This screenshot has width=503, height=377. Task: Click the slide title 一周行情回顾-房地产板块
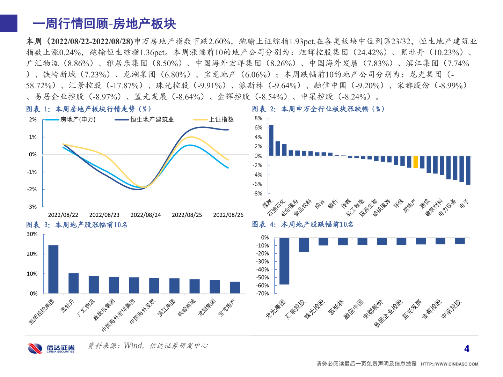104,24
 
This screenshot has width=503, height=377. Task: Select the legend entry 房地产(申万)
78,120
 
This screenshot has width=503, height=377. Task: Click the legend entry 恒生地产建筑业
152,120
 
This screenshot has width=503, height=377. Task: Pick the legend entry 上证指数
221,120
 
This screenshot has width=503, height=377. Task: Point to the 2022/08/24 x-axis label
146,215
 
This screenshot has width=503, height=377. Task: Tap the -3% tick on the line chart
32,207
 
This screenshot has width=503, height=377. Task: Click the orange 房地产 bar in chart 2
416,162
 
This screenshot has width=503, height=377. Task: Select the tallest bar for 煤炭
271,140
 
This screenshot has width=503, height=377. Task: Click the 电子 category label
464,204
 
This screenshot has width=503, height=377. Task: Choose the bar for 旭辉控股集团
53,269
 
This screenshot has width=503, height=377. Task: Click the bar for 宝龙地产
235,287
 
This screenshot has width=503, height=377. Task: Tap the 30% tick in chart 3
32,234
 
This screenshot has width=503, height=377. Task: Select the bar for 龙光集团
284,261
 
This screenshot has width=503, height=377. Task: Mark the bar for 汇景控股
304,245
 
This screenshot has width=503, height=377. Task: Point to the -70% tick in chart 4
262,294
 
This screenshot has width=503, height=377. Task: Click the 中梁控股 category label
452,309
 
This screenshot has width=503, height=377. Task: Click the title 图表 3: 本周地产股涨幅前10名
77,225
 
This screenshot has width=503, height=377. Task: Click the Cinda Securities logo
51,348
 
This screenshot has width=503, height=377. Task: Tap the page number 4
467,349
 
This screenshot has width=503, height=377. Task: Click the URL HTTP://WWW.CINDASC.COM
449,364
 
